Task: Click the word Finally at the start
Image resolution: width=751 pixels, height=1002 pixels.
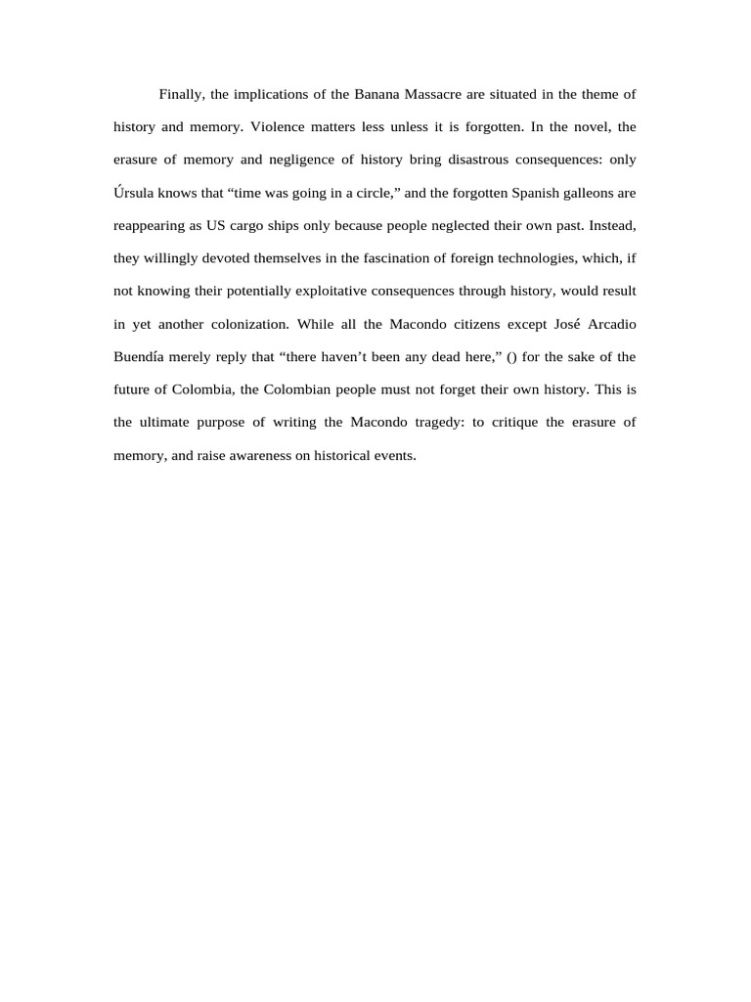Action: click(x=181, y=94)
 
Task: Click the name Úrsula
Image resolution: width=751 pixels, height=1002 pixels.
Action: click(x=135, y=193)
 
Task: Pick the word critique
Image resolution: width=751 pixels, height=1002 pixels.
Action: click(x=508, y=423)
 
